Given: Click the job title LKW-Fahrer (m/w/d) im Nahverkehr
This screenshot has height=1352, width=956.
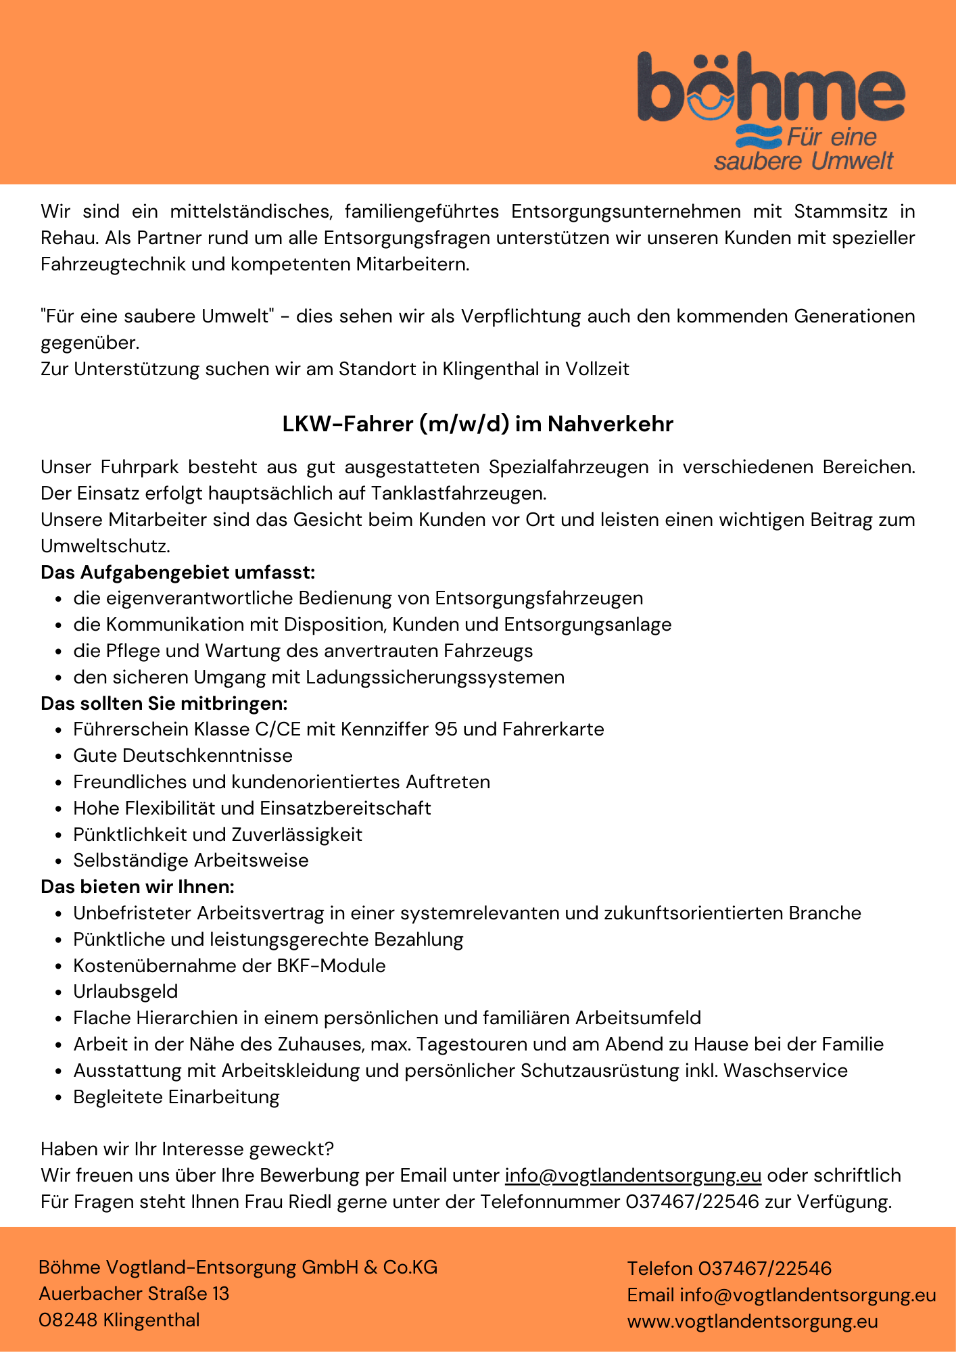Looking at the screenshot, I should pyautogui.click(x=478, y=424).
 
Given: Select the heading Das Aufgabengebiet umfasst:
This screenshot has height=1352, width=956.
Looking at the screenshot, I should pyautogui.click(x=178, y=573).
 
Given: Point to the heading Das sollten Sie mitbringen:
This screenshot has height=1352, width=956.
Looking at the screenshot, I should pyautogui.click(x=164, y=704).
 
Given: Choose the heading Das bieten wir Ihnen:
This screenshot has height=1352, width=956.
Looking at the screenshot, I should pyautogui.click(x=137, y=886).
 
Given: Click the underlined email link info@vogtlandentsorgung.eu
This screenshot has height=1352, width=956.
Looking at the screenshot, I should pyautogui.click(x=633, y=1176).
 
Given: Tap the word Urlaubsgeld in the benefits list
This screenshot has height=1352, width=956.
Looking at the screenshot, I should pyautogui.click(x=126, y=992).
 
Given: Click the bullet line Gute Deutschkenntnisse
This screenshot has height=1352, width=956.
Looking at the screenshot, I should pyautogui.click(x=183, y=756).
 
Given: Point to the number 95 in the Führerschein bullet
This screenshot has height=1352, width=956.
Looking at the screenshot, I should pyautogui.click(x=446, y=729).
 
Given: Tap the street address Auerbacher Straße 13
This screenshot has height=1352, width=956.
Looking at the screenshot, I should pyautogui.click(x=134, y=1294).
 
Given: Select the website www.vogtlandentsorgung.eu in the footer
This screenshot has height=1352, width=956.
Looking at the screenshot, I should pyautogui.click(x=752, y=1322).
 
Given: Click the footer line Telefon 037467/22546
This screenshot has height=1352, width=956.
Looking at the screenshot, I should pyautogui.click(x=729, y=1268).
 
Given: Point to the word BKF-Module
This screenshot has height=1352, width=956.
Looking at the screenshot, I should pyautogui.click(x=331, y=965).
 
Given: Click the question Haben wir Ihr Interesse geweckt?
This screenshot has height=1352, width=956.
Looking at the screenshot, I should pyautogui.click(x=187, y=1149).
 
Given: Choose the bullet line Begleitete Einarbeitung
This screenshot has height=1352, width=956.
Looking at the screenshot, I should pyautogui.click(x=176, y=1097).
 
